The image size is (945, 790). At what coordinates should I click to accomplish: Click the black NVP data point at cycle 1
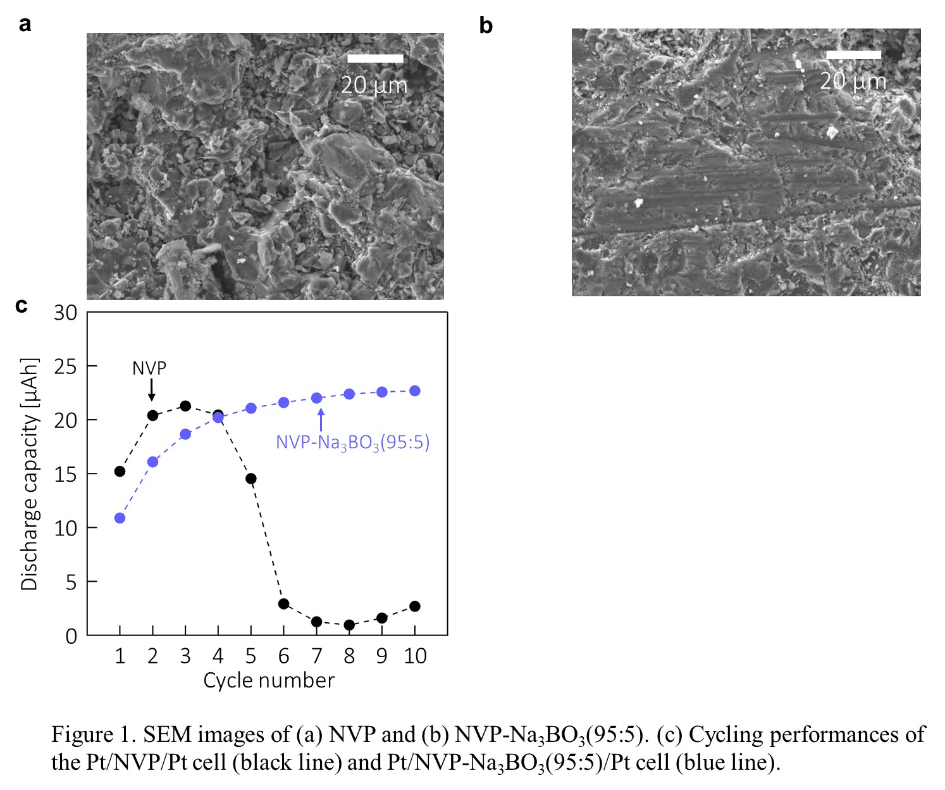[120, 471]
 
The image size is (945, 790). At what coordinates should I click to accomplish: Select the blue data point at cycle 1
[120, 518]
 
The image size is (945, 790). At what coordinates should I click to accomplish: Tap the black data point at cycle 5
[250, 479]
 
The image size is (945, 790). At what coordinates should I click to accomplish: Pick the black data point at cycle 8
[349, 625]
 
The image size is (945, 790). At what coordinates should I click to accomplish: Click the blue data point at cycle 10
[415, 391]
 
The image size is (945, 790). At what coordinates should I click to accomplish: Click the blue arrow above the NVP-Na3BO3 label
[321, 419]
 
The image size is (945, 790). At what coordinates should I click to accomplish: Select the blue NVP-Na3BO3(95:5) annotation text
[352, 442]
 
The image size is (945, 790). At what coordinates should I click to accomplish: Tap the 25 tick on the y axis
[65, 367]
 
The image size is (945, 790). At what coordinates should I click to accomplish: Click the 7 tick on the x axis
[316, 656]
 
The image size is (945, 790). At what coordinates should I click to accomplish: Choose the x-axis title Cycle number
[268, 680]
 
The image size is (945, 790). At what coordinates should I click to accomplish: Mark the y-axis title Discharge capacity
[30, 474]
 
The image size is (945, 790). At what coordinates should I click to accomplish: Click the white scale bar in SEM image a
[375, 59]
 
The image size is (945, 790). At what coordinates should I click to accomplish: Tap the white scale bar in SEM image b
[853, 55]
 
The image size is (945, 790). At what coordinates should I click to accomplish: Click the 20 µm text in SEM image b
[853, 81]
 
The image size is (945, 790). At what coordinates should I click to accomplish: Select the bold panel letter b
[485, 26]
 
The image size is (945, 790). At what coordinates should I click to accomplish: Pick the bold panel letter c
[22, 305]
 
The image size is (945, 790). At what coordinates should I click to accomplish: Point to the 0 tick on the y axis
[71, 636]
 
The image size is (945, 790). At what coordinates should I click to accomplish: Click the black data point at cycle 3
[185, 406]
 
